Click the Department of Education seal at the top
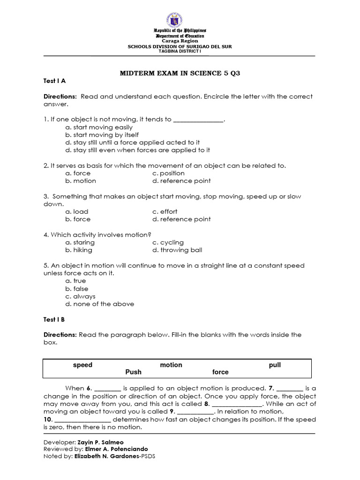click(180, 20)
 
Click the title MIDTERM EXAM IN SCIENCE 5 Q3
click(180, 74)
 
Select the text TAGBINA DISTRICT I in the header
click(180, 52)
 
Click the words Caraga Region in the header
click(180, 41)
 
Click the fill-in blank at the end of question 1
click(198, 120)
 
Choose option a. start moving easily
click(99, 127)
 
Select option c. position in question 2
click(168, 173)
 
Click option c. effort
click(165, 211)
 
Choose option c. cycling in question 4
click(168, 242)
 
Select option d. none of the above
click(100, 304)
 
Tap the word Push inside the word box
click(133, 372)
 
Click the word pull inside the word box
click(275, 365)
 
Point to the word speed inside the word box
click(82, 365)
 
